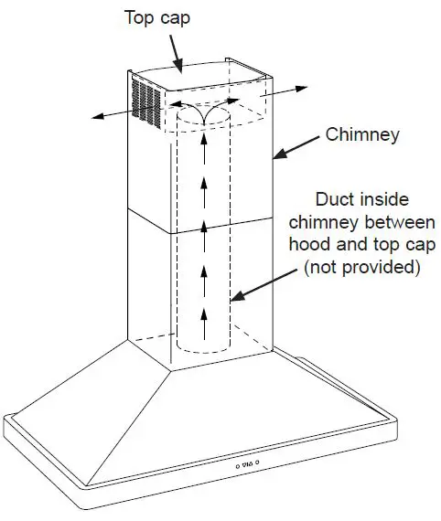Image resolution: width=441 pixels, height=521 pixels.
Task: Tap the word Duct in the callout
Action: click(338, 199)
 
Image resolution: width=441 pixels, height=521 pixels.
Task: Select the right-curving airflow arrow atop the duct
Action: click(220, 115)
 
